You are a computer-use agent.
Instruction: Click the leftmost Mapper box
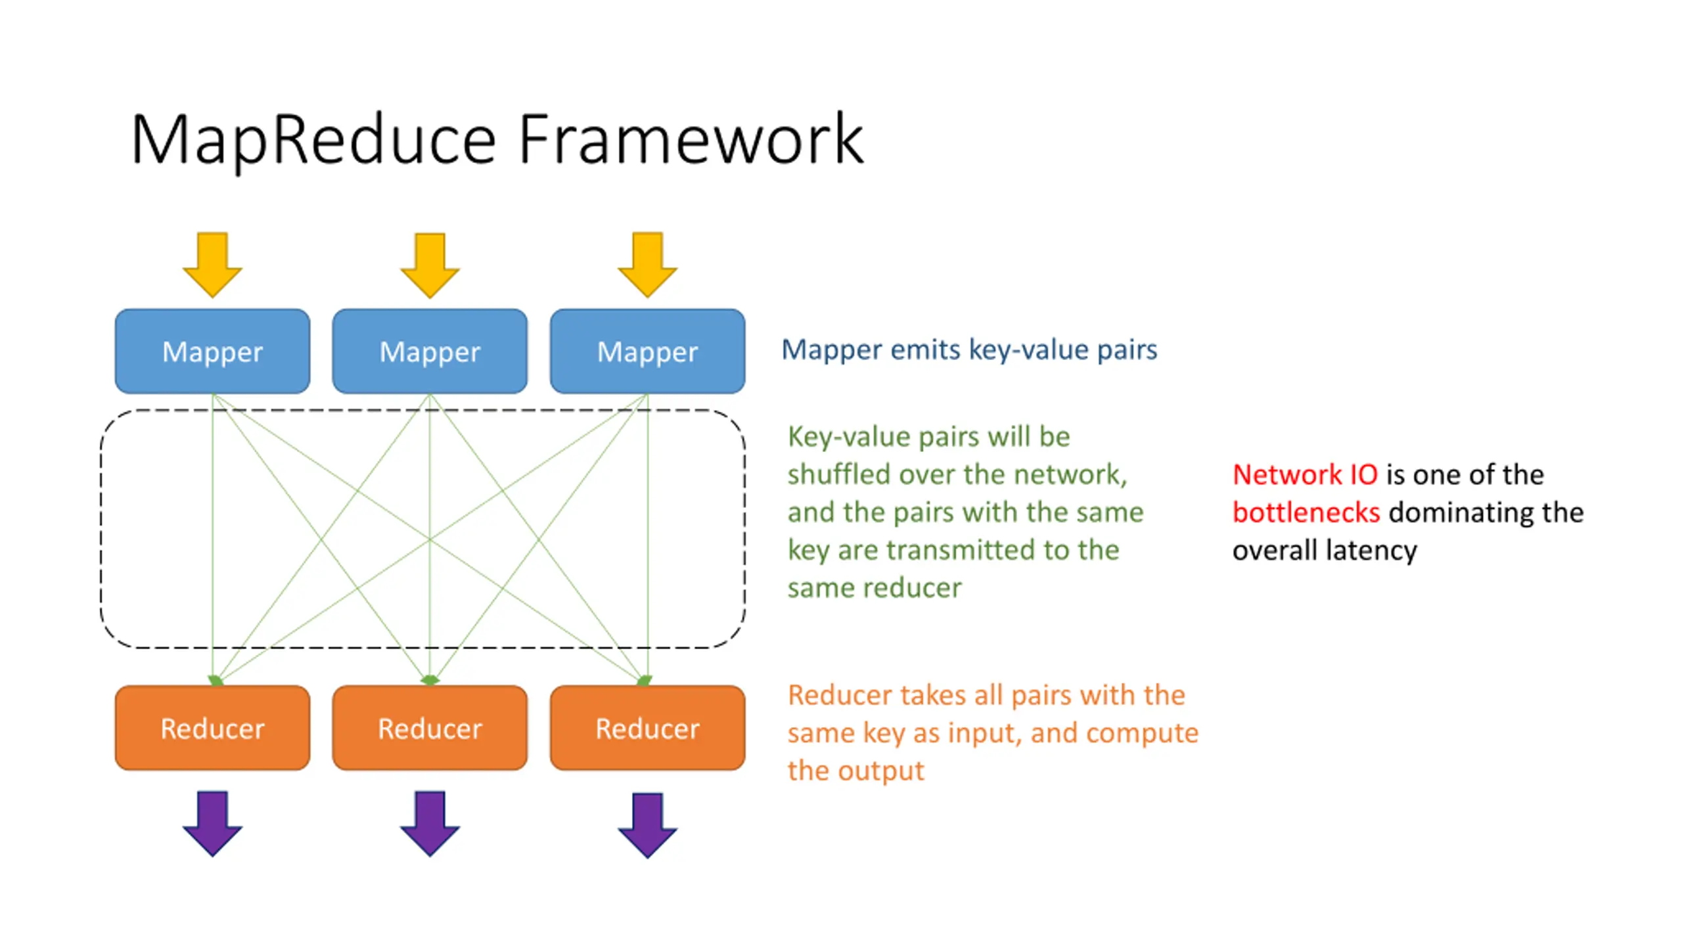(212, 351)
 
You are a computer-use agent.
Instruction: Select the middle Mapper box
(430, 351)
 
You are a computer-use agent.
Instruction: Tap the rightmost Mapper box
(647, 351)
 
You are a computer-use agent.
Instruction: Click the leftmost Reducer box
(212, 727)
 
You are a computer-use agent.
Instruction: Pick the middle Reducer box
(430, 727)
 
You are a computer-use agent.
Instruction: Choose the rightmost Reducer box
(647, 727)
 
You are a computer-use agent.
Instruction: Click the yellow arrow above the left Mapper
(212, 264)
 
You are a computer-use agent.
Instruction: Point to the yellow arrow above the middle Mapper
(430, 264)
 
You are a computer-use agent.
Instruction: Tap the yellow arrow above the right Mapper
(647, 264)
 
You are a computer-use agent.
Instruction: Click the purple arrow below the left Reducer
(212, 823)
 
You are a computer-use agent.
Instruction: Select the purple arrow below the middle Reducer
(430, 823)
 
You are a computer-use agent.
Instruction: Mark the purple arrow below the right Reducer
(647, 825)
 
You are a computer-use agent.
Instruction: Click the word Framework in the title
(691, 139)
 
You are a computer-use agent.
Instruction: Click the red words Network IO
(1305, 474)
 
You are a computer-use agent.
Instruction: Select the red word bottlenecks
(1306, 512)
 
